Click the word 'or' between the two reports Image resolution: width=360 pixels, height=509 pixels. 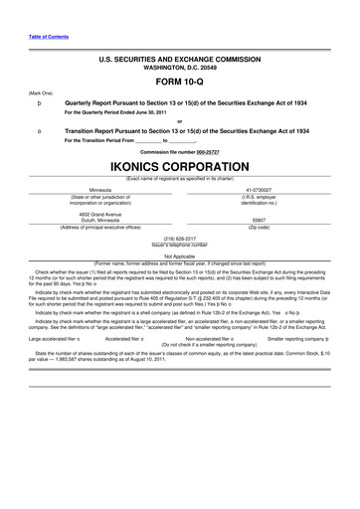[x=180, y=122]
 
